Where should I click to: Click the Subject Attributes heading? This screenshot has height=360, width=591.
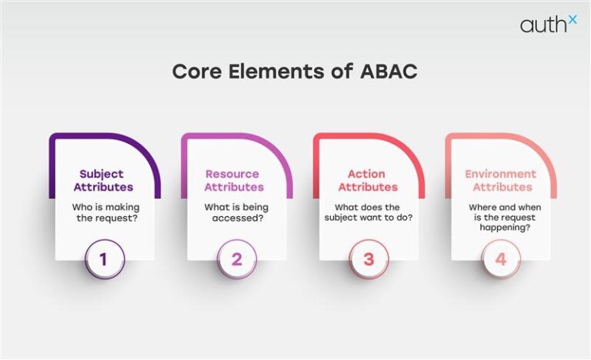click(x=104, y=180)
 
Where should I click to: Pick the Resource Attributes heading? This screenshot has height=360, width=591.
click(x=233, y=180)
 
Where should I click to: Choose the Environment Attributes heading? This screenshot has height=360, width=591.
click(x=501, y=180)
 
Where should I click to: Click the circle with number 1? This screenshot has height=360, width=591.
click(x=105, y=259)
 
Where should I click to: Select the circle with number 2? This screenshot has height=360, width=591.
click(x=236, y=259)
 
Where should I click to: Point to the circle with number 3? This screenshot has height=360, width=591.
click(x=369, y=259)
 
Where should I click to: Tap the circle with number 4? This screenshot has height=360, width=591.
click(x=501, y=259)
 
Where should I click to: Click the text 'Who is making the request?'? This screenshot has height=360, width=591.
click(x=104, y=213)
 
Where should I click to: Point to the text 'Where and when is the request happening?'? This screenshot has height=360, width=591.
click(x=501, y=218)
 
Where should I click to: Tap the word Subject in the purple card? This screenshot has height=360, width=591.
click(x=104, y=174)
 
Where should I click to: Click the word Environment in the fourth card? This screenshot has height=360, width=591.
click(x=501, y=174)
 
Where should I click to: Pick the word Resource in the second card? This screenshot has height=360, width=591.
click(x=233, y=174)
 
